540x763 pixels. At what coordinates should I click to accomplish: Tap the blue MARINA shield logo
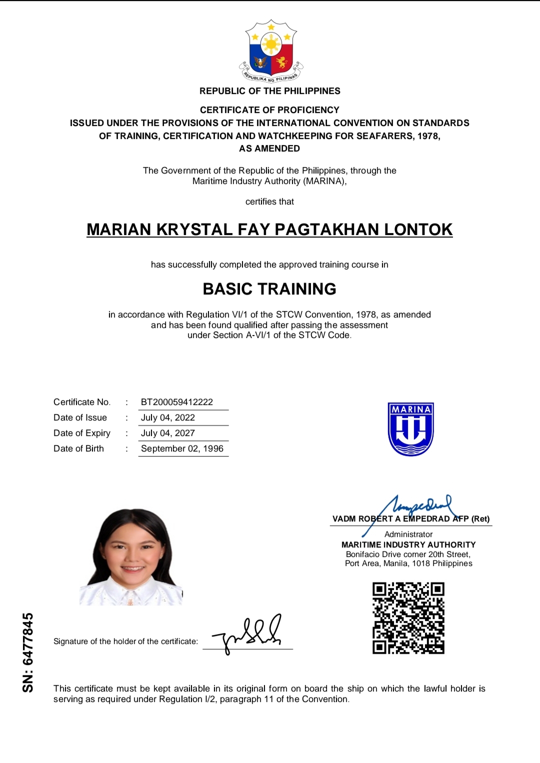click(x=410, y=429)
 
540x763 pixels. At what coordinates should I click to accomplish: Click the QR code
click(x=408, y=618)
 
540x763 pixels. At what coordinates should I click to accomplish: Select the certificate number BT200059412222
click(x=177, y=402)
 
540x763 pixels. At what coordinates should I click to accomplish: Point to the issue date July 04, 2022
click(x=168, y=417)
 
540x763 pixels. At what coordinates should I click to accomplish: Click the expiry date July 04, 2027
click(x=168, y=433)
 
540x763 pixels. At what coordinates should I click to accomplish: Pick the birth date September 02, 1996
click(x=182, y=448)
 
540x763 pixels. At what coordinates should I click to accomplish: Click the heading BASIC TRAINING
click(x=269, y=289)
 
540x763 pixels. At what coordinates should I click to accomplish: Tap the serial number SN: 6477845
click(x=28, y=652)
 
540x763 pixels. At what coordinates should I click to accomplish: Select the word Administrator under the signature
click(x=408, y=534)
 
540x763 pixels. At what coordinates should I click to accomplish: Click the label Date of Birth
click(x=78, y=448)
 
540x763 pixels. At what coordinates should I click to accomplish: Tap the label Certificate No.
click(x=82, y=402)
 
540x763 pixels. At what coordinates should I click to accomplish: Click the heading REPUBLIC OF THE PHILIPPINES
click(x=270, y=91)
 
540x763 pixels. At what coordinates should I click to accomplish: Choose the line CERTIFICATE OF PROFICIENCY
click(x=269, y=110)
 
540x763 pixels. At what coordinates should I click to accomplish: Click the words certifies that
click(x=269, y=201)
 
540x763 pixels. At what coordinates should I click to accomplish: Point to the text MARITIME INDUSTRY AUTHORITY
click(x=408, y=544)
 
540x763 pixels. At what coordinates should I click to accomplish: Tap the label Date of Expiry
click(x=82, y=433)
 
